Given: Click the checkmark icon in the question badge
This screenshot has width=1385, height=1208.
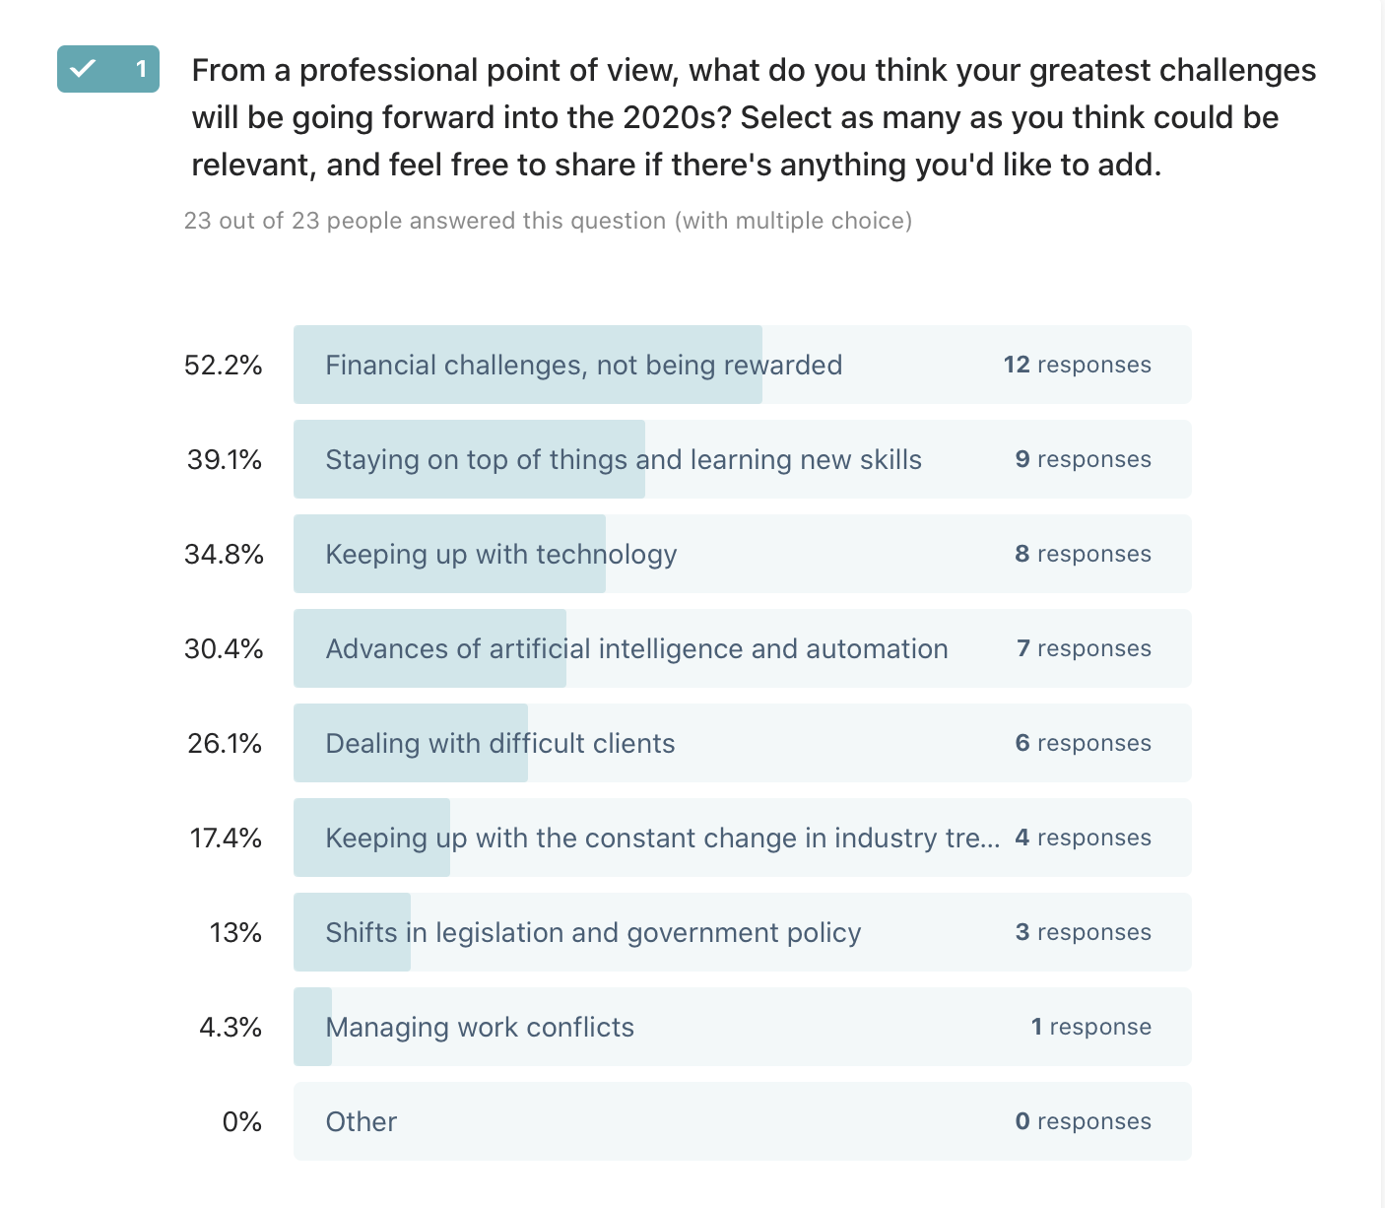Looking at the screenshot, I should click(x=83, y=68).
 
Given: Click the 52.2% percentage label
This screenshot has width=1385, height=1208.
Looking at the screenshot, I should click(x=224, y=366).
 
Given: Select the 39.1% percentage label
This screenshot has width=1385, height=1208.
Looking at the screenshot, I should click(x=225, y=460).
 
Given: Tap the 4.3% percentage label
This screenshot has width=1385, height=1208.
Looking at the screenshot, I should click(x=231, y=1028).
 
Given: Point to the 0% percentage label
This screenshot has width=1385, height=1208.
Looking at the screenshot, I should click(x=242, y=1122).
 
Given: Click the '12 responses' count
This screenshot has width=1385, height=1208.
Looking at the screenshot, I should click(x=1077, y=365).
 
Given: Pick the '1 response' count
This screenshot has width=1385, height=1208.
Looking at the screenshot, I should click(x=1090, y=1027).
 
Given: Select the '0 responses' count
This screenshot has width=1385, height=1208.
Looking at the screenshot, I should click(x=1083, y=1121).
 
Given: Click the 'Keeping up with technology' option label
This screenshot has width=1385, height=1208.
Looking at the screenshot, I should click(x=500, y=555).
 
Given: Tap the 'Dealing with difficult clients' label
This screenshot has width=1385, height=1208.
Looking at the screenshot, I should click(x=499, y=744).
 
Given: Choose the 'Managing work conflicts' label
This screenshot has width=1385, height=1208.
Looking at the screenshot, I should click(x=480, y=1028).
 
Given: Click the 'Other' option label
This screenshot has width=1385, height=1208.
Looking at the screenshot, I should click(x=361, y=1122).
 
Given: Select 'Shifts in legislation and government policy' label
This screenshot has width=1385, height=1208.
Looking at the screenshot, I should click(x=593, y=933).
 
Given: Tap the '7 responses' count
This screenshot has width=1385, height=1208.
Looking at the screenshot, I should click(x=1084, y=648).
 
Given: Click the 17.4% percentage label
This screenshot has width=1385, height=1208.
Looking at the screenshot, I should click(x=226, y=839).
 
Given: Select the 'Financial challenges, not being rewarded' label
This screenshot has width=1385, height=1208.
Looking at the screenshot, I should click(x=583, y=366).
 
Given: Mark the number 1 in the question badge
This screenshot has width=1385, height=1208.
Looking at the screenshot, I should click(x=141, y=69).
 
